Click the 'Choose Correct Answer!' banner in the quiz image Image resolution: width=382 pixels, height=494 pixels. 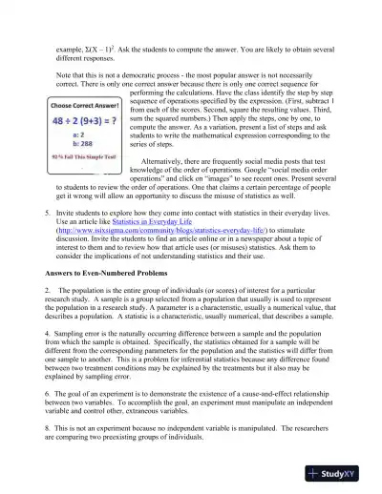84,107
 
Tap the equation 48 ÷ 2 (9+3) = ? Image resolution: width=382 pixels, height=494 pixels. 84,121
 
